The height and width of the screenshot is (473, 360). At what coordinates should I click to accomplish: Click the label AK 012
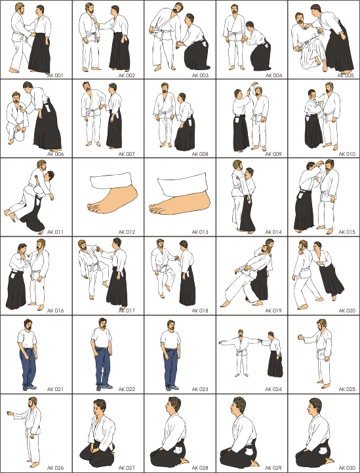point(127,232)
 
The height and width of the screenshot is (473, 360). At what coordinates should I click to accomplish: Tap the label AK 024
point(273,389)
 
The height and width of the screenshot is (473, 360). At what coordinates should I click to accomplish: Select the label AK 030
point(347,468)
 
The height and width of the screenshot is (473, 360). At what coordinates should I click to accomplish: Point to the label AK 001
point(55,75)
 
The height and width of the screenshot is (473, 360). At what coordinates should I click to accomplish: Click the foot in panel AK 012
point(112,199)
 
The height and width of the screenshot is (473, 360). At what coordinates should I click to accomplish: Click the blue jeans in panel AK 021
point(28,367)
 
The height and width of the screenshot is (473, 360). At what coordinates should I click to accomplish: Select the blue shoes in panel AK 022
point(104,387)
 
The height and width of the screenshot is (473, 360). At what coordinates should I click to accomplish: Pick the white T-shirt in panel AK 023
point(170,340)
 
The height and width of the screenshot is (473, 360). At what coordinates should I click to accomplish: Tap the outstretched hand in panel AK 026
point(10,413)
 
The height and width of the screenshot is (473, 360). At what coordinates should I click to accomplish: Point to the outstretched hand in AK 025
point(300,337)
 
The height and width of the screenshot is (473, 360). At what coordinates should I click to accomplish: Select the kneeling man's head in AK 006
point(16,98)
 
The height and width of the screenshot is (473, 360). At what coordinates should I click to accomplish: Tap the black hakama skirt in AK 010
point(313,130)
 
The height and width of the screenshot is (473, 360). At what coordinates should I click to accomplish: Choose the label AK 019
point(273,311)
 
